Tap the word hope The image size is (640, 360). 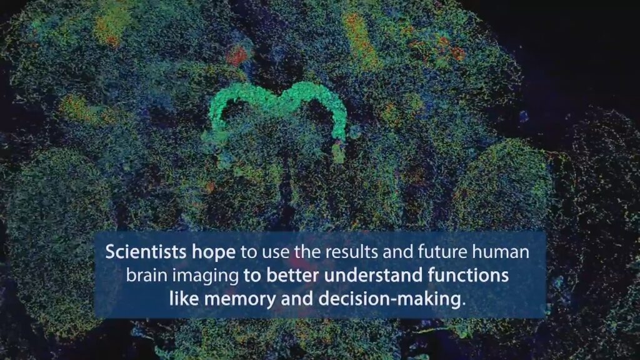214,253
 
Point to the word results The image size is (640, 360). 348,252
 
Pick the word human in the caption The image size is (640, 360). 501,252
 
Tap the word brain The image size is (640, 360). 146,276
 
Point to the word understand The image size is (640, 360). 374,276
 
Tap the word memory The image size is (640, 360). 240,300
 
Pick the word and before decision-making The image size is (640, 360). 297,299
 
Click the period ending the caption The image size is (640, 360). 464,304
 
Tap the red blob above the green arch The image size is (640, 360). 237,56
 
